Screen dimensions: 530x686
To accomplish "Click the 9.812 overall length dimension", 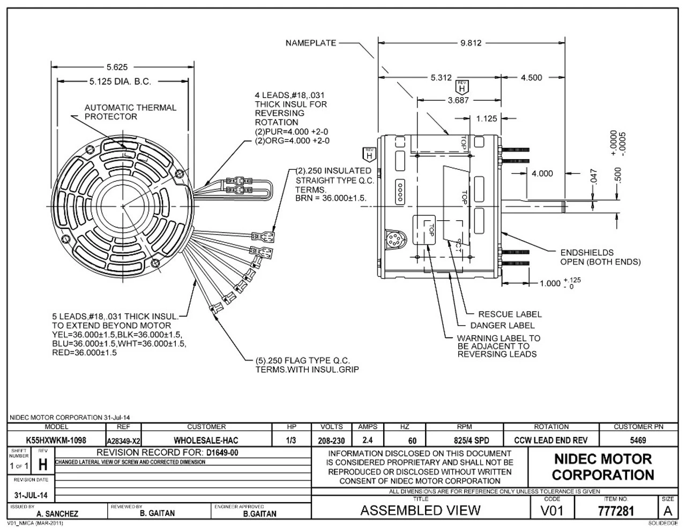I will (x=471, y=43).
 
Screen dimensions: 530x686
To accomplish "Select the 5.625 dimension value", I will (x=117, y=67).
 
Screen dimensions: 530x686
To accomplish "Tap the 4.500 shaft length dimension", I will (x=531, y=78).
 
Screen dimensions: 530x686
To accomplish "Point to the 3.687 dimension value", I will (x=458, y=100).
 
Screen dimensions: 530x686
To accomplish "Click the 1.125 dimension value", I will (x=487, y=118).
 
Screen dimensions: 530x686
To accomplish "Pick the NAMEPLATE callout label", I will (x=311, y=43).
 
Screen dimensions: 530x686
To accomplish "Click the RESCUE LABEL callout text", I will (x=510, y=315).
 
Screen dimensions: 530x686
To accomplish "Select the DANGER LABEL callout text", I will (x=502, y=325).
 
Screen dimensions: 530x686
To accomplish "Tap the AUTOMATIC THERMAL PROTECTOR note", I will (x=130, y=112).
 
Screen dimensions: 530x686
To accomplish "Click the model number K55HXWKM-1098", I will (x=56, y=441).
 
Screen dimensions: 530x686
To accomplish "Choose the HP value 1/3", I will (x=292, y=441).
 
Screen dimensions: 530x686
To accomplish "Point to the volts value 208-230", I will (x=331, y=441).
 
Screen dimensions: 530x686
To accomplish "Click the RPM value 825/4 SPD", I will (x=464, y=441).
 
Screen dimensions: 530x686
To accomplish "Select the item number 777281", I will (x=615, y=510).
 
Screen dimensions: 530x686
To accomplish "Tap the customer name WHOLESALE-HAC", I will (x=206, y=441).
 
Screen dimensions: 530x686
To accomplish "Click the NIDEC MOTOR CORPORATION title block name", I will (x=603, y=467).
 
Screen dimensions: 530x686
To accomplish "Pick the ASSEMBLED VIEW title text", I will (x=420, y=510).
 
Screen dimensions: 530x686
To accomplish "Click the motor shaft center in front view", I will (x=122, y=206).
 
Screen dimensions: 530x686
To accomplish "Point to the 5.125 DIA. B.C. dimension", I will (x=120, y=82).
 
